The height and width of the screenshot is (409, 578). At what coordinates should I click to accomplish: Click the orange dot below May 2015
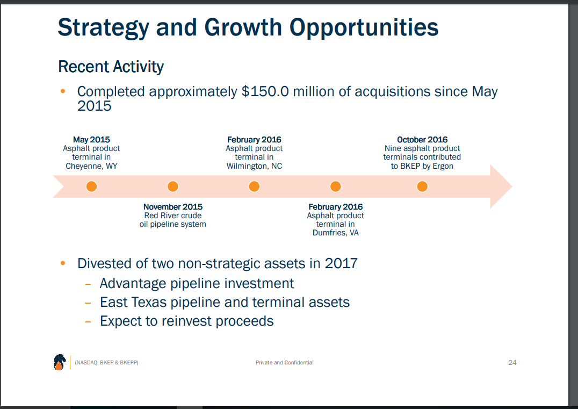[91, 186]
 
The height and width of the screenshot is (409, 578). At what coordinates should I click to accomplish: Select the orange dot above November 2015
[172, 186]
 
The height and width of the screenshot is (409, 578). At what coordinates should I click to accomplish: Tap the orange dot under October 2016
[422, 186]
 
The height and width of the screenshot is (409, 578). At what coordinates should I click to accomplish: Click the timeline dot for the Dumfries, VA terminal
[335, 186]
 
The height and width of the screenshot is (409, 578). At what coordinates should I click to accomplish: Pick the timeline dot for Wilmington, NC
[254, 186]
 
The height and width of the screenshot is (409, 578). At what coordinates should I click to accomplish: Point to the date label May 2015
[91, 140]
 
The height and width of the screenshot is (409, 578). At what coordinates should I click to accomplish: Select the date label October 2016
[422, 140]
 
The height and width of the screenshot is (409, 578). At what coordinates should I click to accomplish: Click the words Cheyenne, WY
[91, 166]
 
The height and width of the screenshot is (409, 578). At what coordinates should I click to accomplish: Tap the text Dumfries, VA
[335, 233]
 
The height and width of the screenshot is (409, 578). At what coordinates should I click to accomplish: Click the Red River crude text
[172, 216]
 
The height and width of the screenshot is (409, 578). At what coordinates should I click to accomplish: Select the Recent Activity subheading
[111, 67]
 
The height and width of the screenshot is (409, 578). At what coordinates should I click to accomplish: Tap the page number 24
[512, 363]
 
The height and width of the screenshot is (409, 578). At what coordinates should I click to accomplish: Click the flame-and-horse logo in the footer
[59, 362]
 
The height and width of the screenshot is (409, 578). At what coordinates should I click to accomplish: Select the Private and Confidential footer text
[284, 363]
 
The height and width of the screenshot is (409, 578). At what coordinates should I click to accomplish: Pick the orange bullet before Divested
[63, 263]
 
